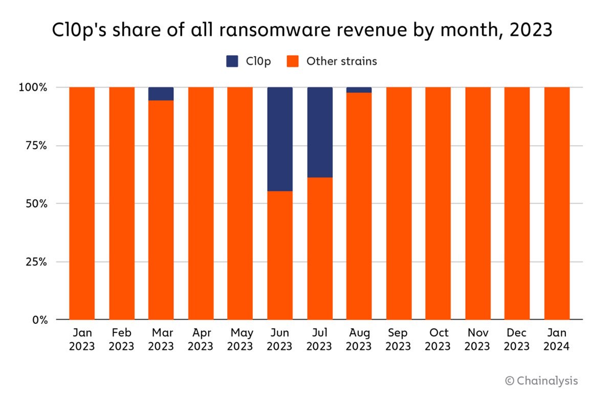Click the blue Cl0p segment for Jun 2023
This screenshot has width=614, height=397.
[280, 139]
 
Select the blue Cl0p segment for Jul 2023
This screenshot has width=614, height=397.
[320, 132]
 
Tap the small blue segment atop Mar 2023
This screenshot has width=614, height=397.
[161, 94]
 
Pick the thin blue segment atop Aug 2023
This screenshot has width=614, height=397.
[359, 90]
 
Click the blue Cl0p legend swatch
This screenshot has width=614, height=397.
[232, 61]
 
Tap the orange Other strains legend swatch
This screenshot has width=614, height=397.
[292, 61]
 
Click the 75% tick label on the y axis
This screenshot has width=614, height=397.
[36, 146]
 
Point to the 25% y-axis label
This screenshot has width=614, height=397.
[36, 262]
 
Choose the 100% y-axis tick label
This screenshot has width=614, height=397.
[34, 87]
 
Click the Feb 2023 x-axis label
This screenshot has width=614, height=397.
[122, 339]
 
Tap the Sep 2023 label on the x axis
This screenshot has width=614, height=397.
[398, 339]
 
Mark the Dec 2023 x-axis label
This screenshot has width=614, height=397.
[517, 339]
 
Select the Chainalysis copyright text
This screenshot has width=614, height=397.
[541, 381]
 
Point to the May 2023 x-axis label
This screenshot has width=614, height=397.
[240, 339]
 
